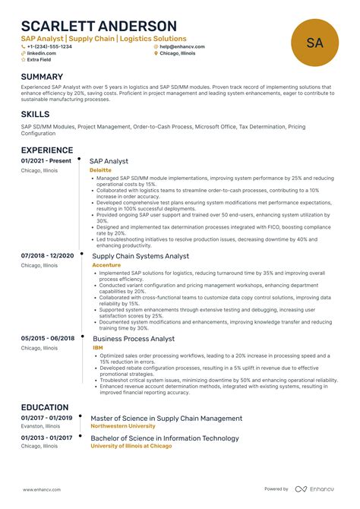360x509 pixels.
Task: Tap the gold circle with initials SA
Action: coord(315,43)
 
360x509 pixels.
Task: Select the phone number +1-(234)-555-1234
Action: coord(49,46)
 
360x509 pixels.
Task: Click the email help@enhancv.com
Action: coord(182,46)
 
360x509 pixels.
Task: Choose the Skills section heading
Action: coord(36,114)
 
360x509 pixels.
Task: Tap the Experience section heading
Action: coord(47,150)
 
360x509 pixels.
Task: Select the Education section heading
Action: coord(45,407)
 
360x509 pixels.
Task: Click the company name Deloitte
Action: coord(100,171)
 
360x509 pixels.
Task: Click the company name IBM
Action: coord(97,347)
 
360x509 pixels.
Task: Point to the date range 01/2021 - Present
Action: coord(46,161)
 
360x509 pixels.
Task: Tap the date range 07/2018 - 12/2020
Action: coord(47,256)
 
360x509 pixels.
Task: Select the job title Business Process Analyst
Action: coord(134,339)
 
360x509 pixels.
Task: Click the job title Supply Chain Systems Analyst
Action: coord(141,256)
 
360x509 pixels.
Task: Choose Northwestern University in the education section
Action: coord(123,426)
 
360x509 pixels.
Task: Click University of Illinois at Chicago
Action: coord(131,446)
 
